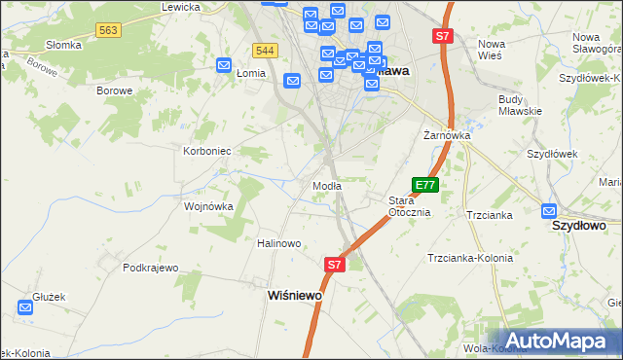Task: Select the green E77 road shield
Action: click(x=425, y=184)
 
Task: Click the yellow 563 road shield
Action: click(x=108, y=31)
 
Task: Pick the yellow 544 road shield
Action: click(x=264, y=51)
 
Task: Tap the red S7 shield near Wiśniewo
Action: click(x=334, y=264)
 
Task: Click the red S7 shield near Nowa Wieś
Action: click(x=443, y=36)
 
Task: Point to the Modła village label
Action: click(x=325, y=186)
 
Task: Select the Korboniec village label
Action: click(x=206, y=151)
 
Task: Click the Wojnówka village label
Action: click(x=208, y=206)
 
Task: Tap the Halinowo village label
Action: click(x=278, y=243)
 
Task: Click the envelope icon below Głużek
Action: click(x=25, y=307)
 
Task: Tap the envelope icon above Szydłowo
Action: click(x=549, y=209)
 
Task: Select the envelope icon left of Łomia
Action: click(x=223, y=66)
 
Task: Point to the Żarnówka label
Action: click(x=447, y=135)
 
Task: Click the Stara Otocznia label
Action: click(x=409, y=206)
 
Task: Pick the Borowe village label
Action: click(x=114, y=90)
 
